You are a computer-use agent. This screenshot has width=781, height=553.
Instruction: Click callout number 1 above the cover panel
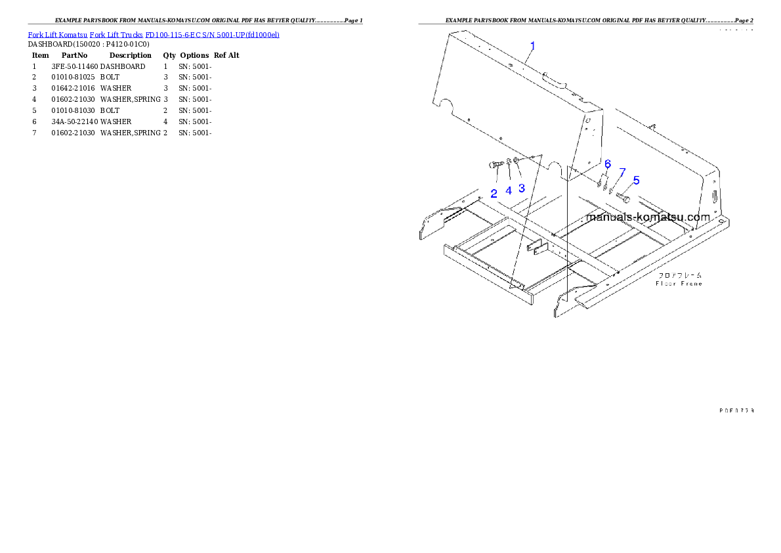point(532,46)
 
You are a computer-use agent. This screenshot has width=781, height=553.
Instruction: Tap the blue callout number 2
point(494,194)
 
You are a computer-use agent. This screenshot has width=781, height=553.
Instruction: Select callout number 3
point(522,188)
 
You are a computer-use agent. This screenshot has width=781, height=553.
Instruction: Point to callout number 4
point(508,191)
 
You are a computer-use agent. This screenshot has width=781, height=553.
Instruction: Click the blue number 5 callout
point(636,180)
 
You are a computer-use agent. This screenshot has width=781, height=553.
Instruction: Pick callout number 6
point(607,164)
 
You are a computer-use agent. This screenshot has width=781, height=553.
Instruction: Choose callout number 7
point(622,172)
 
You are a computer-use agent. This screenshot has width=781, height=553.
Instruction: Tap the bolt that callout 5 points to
point(625,197)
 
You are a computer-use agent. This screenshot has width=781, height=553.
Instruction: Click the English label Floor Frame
point(679,284)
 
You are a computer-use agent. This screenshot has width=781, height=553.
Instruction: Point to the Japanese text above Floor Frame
point(679,275)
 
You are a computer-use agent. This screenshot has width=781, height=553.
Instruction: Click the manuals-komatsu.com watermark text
point(648,217)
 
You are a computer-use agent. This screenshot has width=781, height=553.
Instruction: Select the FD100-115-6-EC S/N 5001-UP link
point(213,34)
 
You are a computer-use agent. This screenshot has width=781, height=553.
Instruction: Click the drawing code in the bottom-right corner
point(735,410)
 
